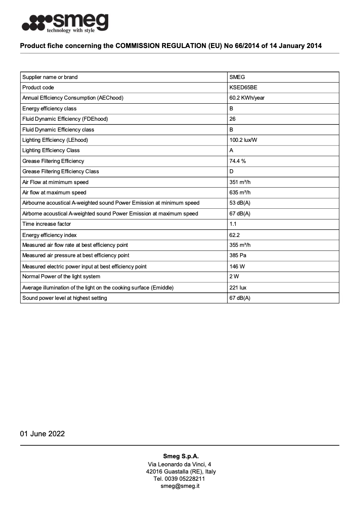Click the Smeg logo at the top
tap(65, 22)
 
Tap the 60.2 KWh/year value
tap(247, 98)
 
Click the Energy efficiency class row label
tap(49, 109)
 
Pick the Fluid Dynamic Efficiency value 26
tap(233, 119)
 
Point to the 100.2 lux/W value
tap(243, 140)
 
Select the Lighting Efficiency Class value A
tap(231, 150)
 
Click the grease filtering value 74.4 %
tap(237, 161)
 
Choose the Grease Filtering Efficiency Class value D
tap(231, 171)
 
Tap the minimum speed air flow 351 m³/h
tap(240, 182)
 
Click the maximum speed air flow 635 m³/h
tap(240, 193)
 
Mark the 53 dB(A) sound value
tap(240, 203)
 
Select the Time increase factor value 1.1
tap(233, 224)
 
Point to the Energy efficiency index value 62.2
tap(235, 235)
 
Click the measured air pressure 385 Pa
tap(237, 255)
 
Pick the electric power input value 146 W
tap(237, 267)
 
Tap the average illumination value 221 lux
tap(237, 287)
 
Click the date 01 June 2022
tap(42, 434)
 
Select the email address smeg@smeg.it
tap(180, 486)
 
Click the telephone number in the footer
tap(180, 479)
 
